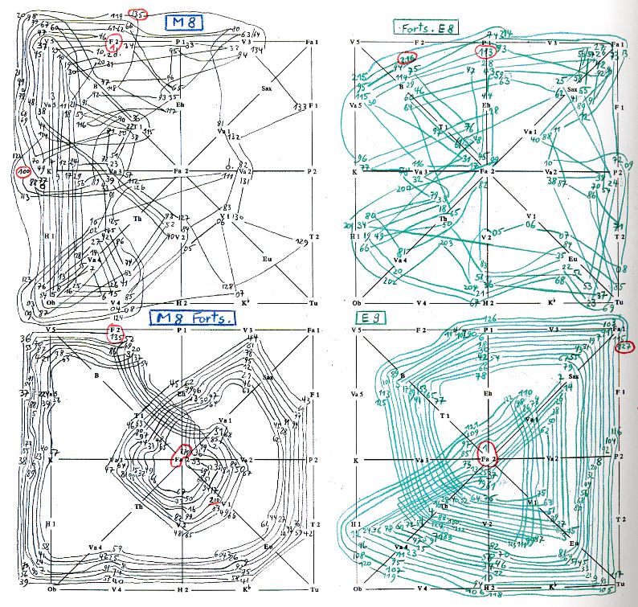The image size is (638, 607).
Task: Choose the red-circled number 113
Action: point(485,53)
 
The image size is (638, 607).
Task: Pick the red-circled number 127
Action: point(624,347)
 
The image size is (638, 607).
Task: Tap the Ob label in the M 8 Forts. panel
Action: point(50,589)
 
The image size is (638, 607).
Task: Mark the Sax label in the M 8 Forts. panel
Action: point(267,378)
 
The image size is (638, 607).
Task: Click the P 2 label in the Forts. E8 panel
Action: point(619,172)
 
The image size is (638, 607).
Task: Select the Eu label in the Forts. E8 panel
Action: point(572,259)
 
